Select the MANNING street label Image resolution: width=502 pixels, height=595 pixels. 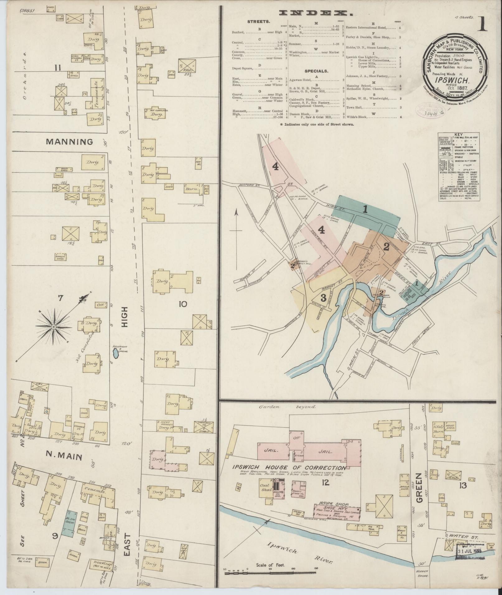[x=69, y=142]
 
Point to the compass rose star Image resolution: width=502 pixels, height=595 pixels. [x=54, y=327]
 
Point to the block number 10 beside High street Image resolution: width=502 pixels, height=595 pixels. [x=182, y=304]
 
